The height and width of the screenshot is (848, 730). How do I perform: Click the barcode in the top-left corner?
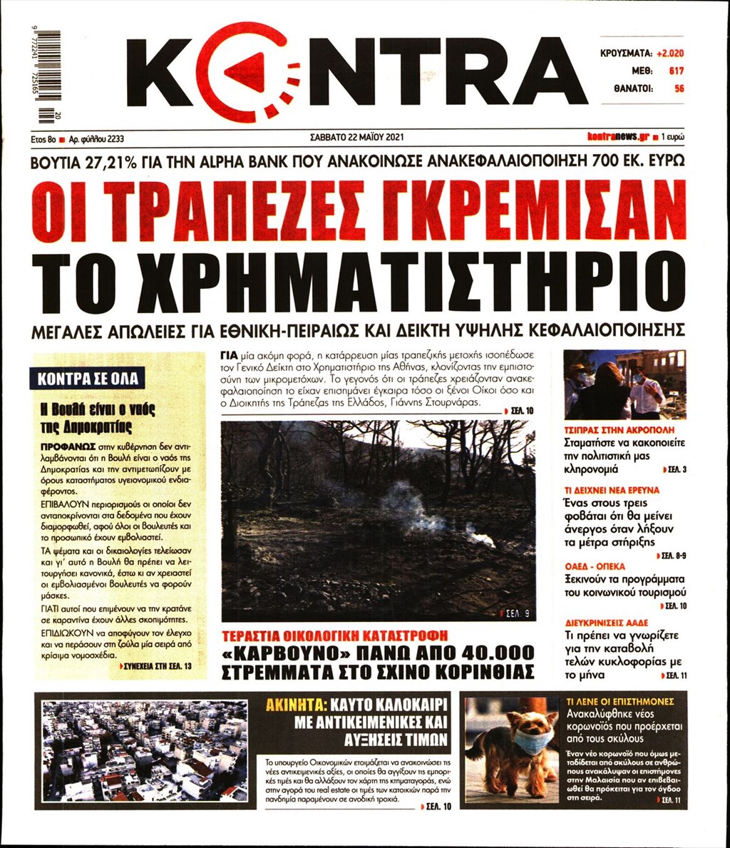pyautogui.click(x=48, y=74)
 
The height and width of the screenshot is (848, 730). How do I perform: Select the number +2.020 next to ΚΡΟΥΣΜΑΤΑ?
pyautogui.click(x=671, y=53)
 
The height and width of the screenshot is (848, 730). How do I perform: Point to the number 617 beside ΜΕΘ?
pyautogui.click(x=676, y=71)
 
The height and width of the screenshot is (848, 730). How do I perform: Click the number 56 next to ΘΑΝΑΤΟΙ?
pyautogui.click(x=679, y=88)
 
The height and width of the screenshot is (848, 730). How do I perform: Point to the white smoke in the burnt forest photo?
pyautogui.click(x=406, y=503)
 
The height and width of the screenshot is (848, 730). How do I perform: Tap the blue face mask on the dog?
pyautogui.click(x=533, y=742)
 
